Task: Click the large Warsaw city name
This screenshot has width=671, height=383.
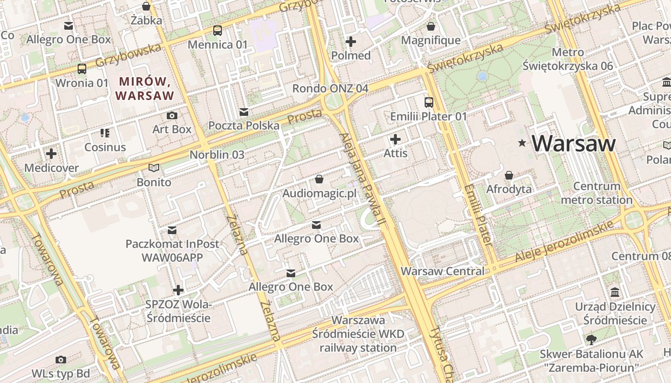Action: [x=574, y=143]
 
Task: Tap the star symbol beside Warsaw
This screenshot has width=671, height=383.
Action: [x=522, y=143]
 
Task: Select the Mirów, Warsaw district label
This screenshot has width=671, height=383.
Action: [x=145, y=88]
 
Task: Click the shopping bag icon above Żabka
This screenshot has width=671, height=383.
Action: [x=146, y=6]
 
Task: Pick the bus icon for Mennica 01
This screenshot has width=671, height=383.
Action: [x=218, y=31]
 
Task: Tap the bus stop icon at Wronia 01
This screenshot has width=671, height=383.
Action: [x=82, y=68]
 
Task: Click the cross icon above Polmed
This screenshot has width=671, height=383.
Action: [x=351, y=42]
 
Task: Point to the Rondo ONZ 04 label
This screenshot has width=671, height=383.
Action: [x=330, y=89]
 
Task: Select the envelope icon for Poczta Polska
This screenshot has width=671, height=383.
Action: [x=244, y=112]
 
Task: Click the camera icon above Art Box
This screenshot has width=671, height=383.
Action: [x=172, y=115]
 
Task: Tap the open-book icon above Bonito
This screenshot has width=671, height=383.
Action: [x=153, y=168]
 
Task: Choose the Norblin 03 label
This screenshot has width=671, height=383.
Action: [x=217, y=155]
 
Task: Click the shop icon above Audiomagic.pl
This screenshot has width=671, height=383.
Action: [x=319, y=179]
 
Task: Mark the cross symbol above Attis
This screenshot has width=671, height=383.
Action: [x=395, y=139]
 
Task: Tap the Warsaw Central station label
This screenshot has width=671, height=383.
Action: [x=442, y=271]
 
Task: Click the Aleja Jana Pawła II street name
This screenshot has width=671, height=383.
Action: [x=362, y=179]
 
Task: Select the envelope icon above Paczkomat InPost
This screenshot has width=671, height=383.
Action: [x=172, y=230]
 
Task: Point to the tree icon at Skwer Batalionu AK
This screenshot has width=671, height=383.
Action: [x=591, y=340]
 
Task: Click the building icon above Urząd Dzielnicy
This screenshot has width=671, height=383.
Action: [x=615, y=293]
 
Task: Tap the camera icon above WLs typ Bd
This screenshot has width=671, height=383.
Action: [x=61, y=360]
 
